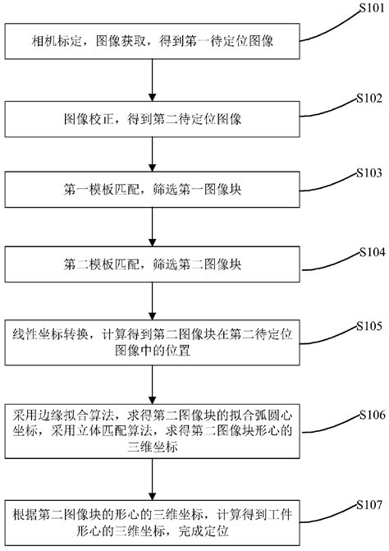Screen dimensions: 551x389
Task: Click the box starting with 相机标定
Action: (x=153, y=39)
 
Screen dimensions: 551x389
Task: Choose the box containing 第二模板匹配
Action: (x=153, y=265)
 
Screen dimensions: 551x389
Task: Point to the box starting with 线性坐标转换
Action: (x=153, y=344)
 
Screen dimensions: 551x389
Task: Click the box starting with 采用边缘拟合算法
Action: (x=153, y=431)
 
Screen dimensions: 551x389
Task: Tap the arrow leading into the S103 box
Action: (x=153, y=155)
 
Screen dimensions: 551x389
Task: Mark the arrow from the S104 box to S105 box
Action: (x=153, y=300)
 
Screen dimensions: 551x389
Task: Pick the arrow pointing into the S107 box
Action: (x=153, y=478)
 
